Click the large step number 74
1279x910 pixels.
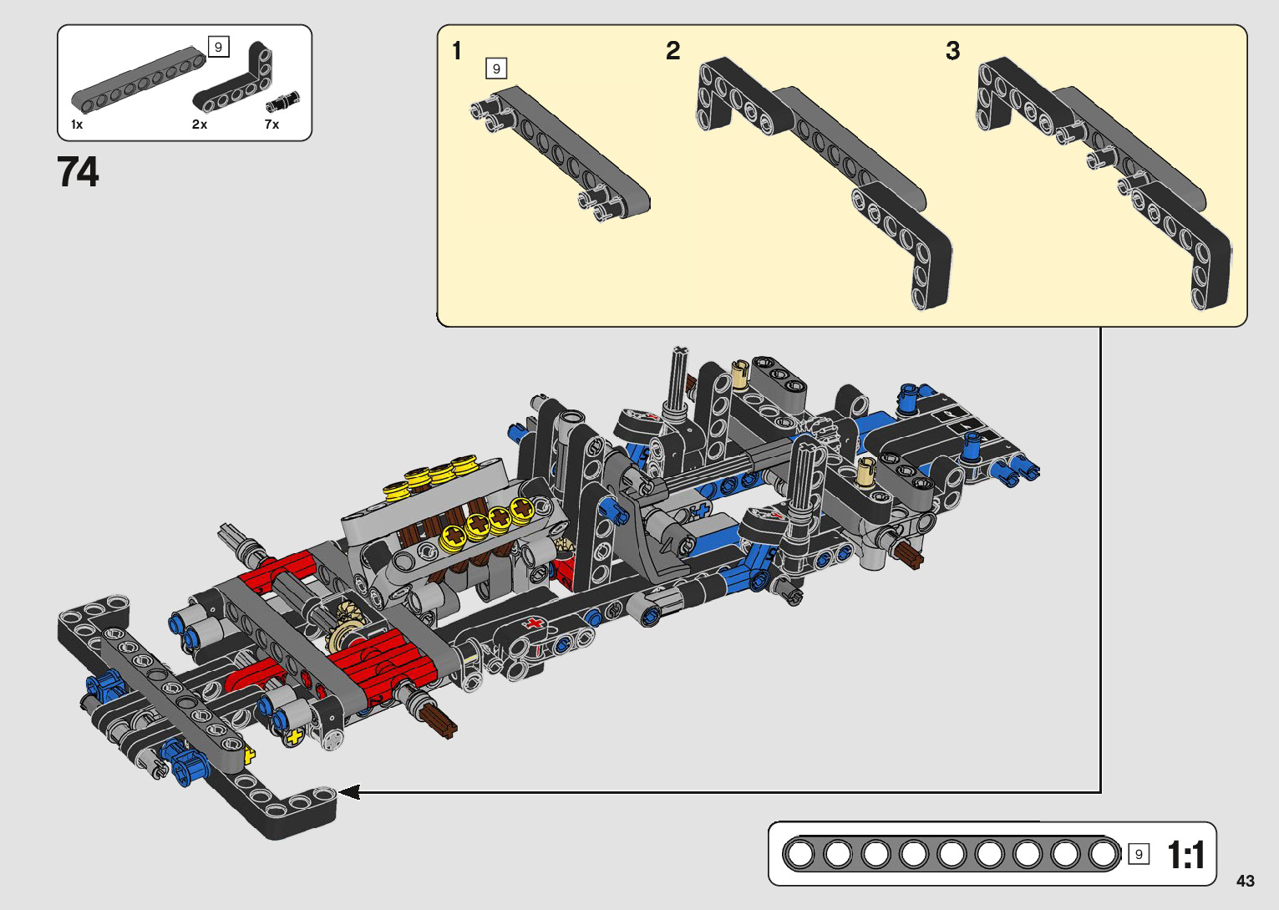point(78,172)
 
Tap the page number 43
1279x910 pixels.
point(1246,881)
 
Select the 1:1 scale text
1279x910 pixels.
point(1186,855)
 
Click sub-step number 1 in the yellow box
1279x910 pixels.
point(457,50)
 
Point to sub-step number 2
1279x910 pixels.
point(673,50)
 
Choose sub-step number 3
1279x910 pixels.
point(953,50)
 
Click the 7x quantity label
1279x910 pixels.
point(272,124)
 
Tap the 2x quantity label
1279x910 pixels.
point(200,124)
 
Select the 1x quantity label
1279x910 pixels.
point(77,124)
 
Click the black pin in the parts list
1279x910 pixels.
point(282,101)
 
